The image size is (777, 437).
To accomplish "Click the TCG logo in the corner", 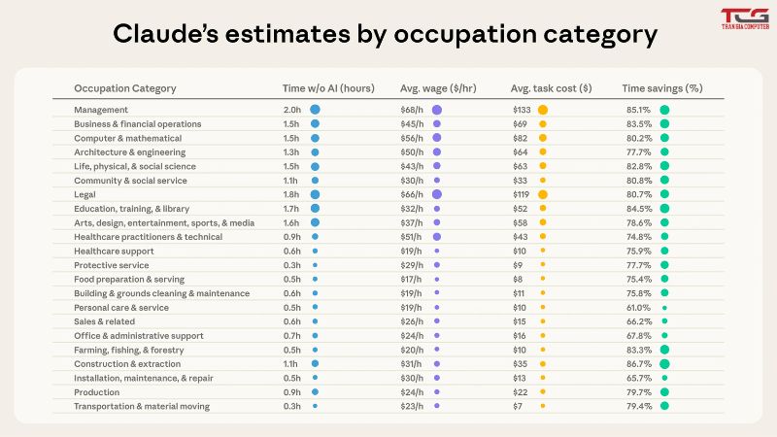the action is pos(745,18).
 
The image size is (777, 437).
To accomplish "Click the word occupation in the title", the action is pos(465,35).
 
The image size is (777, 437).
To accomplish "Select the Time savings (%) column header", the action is pos(662,88).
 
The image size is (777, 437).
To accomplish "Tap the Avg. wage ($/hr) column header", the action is pos(438,88).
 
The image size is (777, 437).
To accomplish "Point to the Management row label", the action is pos(101,110).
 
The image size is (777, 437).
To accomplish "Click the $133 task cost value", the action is pos(522,110).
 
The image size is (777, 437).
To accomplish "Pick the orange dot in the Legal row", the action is pos(543,195).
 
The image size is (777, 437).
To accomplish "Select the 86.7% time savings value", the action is pos(639,363).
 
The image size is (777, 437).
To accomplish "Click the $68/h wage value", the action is pos(412,110).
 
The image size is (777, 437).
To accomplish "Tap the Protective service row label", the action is pos(112,265).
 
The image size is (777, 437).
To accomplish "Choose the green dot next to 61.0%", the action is pos(664,308).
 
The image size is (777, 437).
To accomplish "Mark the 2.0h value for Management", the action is pos(292,110).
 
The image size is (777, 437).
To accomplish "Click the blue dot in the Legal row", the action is pos(315,195).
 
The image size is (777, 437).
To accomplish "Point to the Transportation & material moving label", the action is pos(142,406).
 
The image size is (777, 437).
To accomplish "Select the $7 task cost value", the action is pos(518,406).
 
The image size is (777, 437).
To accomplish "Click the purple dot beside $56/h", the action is pos(436,138).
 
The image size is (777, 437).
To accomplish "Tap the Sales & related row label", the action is pos(105,321).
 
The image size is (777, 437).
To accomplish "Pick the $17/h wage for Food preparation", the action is pos(411,280).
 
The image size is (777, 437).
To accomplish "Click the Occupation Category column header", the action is pos(125,88).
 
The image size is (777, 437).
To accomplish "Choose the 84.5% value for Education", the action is pos(639,209).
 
